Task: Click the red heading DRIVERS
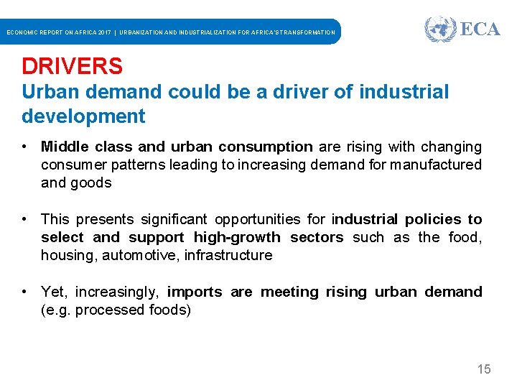(x=72, y=66)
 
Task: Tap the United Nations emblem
(x=439, y=29)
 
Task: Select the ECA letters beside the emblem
(x=479, y=29)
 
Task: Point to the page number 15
(x=484, y=369)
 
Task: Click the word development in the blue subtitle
(x=83, y=116)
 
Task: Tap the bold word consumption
(x=266, y=147)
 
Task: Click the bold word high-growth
(x=237, y=237)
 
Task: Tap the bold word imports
(x=195, y=292)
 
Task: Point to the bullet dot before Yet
(x=25, y=292)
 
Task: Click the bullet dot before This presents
(x=25, y=219)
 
